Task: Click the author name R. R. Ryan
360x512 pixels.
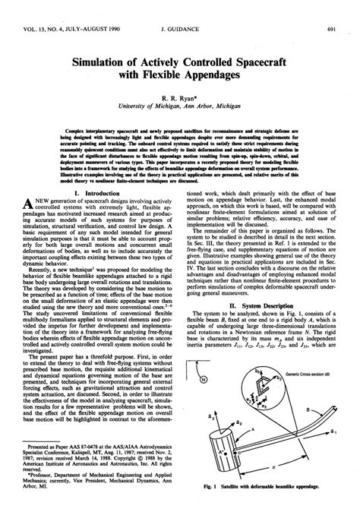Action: pyautogui.click(x=179, y=99)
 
